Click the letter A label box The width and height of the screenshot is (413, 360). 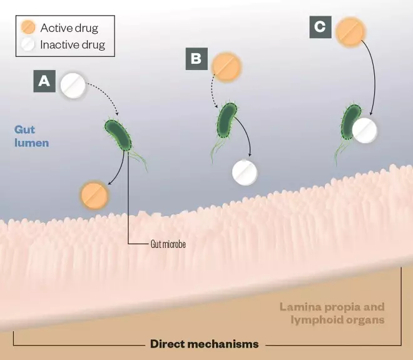[x=45, y=81]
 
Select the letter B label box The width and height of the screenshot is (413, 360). [x=196, y=59]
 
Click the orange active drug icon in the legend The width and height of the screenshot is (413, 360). [x=28, y=28]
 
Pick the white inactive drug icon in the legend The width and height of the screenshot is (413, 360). [x=28, y=44]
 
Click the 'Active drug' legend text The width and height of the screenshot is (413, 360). [x=69, y=28]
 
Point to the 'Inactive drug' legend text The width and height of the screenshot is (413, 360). [x=73, y=45]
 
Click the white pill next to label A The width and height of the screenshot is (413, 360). [x=73, y=86]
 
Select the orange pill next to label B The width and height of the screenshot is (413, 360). [x=226, y=67]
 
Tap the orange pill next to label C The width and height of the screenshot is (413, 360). [x=350, y=32]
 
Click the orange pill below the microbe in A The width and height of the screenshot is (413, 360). [x=94, y=195]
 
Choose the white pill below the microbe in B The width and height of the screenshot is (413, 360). [x=245, y=172]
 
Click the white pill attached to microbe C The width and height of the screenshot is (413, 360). [x=365, y=130]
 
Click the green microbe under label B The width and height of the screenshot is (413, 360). [x=227, y=120]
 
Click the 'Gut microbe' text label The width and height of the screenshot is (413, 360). [x=168, y=244]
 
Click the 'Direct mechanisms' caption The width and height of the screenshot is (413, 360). [x=204, y=344]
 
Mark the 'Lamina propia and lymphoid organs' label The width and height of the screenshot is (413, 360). [x=332, y=313]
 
